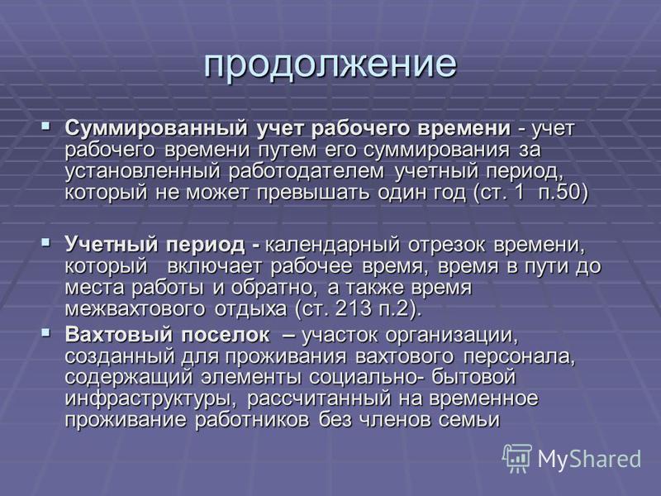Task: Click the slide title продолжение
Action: [330, 65]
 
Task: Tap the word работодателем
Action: [307, 172]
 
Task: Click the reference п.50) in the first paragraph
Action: [564, 193]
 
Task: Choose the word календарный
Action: [333, 246]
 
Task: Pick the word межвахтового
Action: [135, 309]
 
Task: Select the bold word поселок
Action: [226, 335]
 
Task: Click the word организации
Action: [451, 336]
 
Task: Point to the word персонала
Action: [520, 357]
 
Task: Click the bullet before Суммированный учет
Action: [45, 126]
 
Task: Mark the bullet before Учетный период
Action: [45, 242]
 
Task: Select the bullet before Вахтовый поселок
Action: [45, 333]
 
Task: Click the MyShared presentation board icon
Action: [517, 458]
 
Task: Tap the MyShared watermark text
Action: [589, 460]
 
